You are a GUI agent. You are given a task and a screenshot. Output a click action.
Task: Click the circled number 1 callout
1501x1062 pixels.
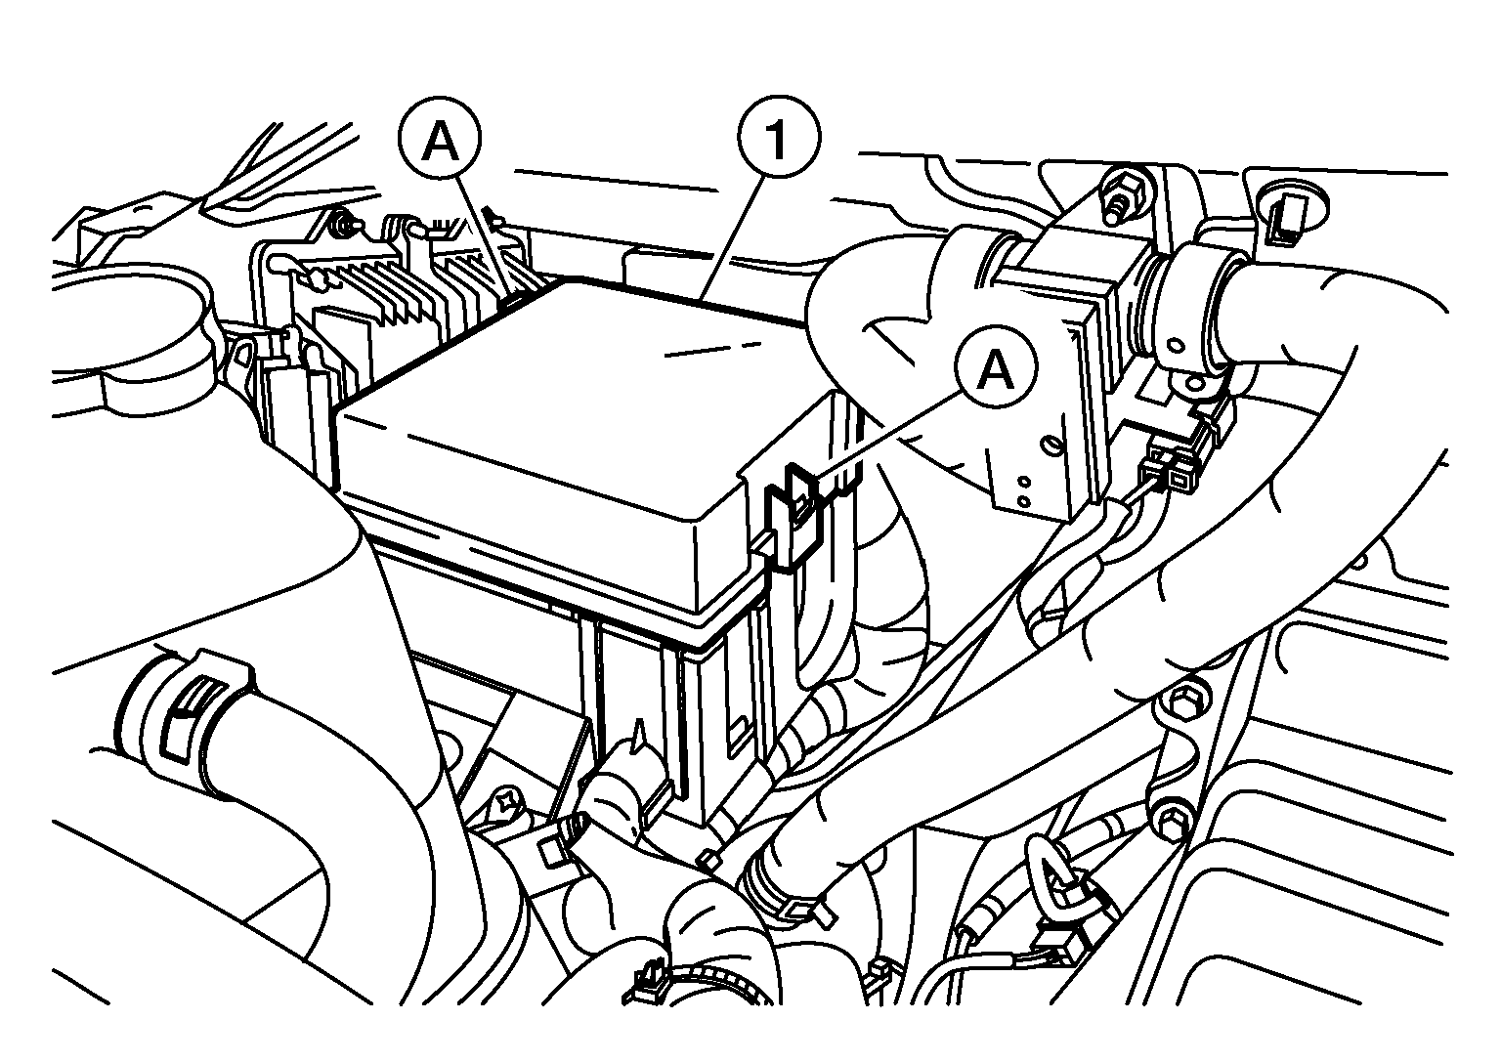pos(777,138)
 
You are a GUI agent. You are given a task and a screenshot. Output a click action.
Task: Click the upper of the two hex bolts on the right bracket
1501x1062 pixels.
pos(1180,701)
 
